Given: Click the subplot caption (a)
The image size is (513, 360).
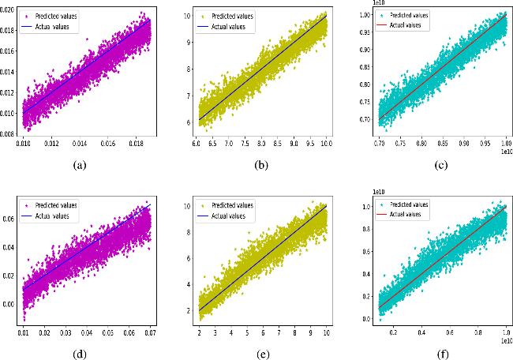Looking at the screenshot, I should point(79,165).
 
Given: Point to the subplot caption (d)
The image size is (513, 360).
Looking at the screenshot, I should point(79,354).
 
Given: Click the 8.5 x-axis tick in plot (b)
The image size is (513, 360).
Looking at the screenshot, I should point(275,144).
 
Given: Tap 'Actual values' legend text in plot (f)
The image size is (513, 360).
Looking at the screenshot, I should point(409,215).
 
